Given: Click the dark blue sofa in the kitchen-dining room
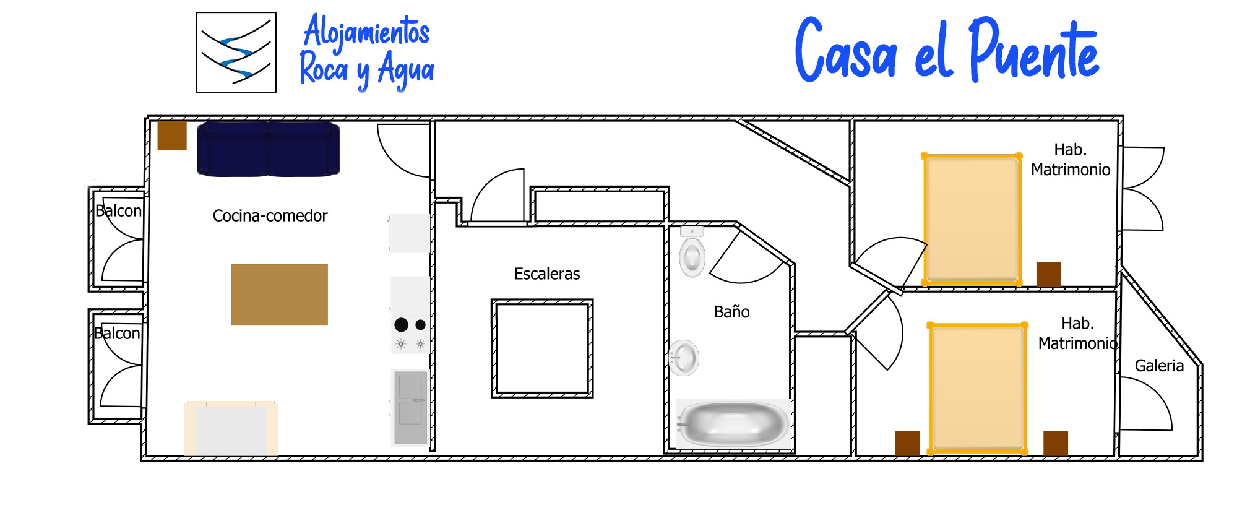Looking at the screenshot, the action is pos(268,149).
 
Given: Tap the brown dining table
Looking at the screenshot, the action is pos(279,295).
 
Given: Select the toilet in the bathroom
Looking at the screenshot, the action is pos(692,252).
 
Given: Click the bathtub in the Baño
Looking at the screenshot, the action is pos(733,423).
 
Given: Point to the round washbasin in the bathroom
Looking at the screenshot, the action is pos(684,358).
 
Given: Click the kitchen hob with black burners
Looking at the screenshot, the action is pos(410,315).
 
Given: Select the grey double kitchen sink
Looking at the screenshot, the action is pos(410,407).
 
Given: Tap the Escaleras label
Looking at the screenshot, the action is pos(547,274).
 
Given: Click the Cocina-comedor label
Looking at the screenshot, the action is pos(270,215).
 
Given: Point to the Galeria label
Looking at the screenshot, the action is pos(1159,366).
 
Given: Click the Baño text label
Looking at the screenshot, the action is pos(731,311).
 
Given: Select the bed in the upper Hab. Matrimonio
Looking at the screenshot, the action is pos(972,220).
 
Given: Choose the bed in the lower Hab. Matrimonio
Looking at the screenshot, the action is pos(978,388).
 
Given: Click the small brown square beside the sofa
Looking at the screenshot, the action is pos(172,136).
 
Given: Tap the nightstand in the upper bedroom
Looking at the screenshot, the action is pos(1049,274).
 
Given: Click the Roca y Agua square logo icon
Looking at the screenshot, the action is pos(236,52).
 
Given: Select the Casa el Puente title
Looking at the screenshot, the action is pos(947,50).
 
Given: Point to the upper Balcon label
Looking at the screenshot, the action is pos(118,211).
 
